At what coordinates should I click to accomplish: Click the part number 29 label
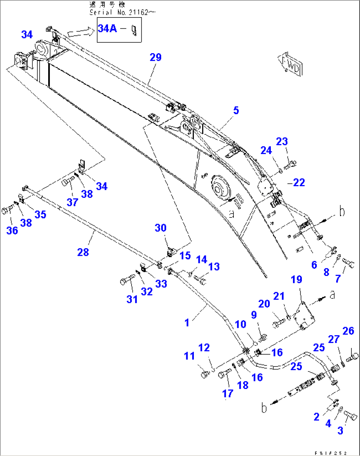click(156, 57)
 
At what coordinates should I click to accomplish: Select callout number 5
click(236, 110)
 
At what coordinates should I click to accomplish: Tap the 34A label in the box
click(107, 28)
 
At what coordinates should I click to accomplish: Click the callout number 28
click(83, 252)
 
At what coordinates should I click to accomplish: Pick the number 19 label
click(296, 280)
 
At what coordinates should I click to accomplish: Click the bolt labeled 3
click(350, 415)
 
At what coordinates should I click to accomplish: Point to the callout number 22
click(299, 182)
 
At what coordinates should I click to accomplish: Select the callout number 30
click(161, 228)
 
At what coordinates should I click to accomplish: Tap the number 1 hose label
click(187, 323)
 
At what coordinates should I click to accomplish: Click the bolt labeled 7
click(348, 262)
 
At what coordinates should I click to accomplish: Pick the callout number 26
click(348, 331)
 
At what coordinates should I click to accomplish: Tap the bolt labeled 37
click(68, 180)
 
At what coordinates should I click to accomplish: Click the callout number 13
click(214, 267)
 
